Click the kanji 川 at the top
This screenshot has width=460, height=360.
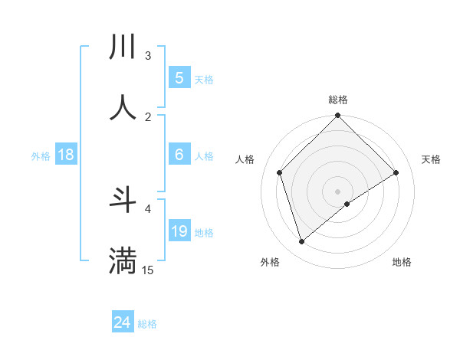123,47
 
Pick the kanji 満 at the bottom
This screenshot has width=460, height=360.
123,260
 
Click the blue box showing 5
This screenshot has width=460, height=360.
179,77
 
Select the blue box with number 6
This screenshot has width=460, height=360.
179,155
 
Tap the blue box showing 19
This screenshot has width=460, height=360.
179,231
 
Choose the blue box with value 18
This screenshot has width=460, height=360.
66,155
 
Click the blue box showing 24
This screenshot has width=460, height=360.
123,322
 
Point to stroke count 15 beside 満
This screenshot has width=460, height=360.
148,270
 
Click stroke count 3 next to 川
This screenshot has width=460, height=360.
148,56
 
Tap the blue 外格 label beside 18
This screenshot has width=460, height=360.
41,155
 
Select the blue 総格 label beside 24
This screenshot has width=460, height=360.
147,324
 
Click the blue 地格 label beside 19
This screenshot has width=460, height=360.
204,233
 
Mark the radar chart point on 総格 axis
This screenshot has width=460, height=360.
337,116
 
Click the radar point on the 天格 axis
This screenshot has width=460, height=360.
396,172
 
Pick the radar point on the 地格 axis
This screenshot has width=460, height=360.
347,204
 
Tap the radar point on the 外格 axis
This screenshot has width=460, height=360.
301,241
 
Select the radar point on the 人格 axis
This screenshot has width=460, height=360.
280,172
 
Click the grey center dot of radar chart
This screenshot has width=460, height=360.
337,191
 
